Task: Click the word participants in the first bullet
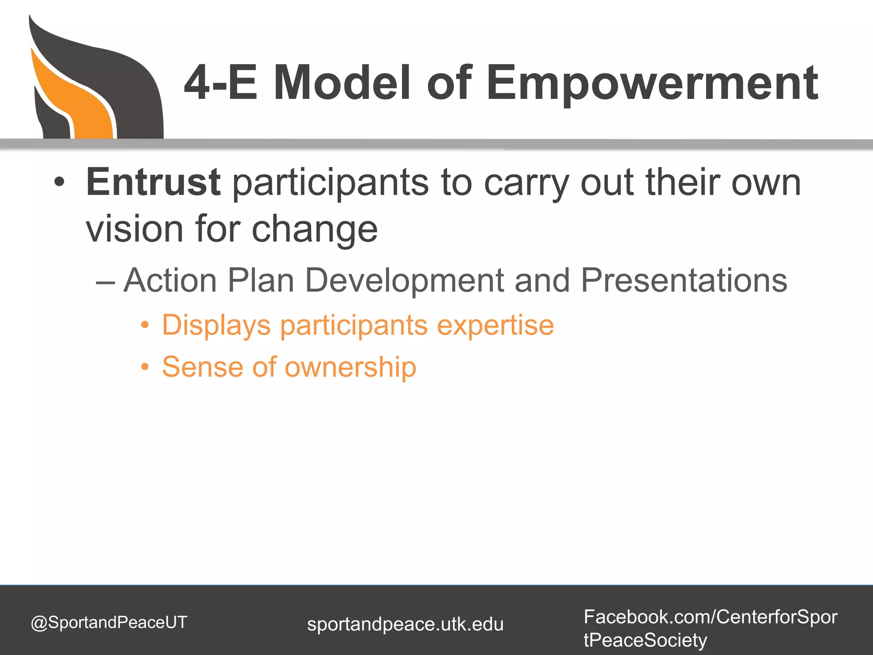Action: pos(330,183)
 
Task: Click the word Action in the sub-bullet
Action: pos(171,281)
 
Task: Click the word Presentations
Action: pos(684,281)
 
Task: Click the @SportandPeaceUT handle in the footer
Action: pos(109,623)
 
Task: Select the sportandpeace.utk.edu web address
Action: pos(405,624)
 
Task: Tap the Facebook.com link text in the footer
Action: pos(710,617)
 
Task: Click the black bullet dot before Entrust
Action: pos(59,183)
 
